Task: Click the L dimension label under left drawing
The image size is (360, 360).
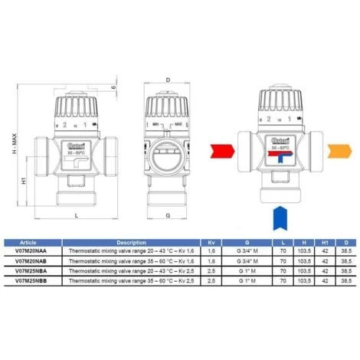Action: point(77,217)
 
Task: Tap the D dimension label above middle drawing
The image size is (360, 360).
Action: point(167,78)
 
